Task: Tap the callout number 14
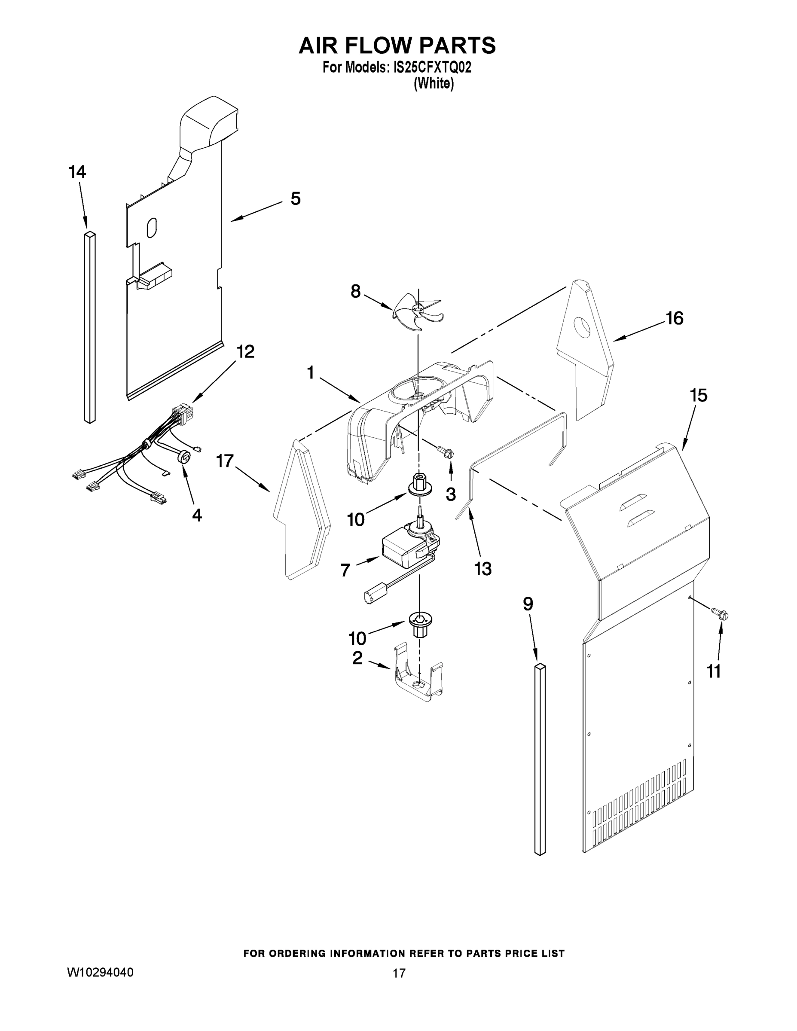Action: click(77, 172)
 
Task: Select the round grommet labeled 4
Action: click(185, 457)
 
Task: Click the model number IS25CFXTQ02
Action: click(432, 68)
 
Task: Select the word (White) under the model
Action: click(434, 84)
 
